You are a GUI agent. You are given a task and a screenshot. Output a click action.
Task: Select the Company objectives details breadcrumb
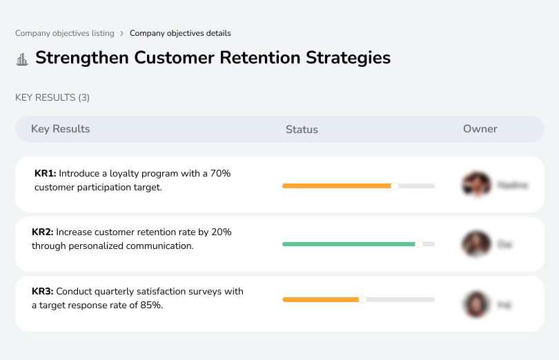[x=180, y=33]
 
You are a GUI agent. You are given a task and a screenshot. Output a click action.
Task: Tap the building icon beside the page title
[x=22, y=59]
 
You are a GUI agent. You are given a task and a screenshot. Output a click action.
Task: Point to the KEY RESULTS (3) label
[x=52, y=98]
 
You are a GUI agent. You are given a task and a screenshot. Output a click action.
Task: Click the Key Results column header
[x=60, y=129]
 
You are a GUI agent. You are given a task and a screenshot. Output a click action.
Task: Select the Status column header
[x=302, y=130]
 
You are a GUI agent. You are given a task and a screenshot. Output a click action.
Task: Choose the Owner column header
[x=480, y=129]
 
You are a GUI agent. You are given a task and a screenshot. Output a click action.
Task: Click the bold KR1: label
[x=45, y=174]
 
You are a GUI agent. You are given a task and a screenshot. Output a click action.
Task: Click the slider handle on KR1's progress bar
[x=395, y=186]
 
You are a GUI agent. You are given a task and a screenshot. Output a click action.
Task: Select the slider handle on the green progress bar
[x=418, y=244]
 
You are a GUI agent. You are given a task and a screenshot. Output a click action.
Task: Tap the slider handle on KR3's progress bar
[x=362, y=299]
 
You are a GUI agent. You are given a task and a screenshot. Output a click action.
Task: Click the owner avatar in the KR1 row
[x=476, y=185]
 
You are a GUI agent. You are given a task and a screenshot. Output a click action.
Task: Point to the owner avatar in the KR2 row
[x=476, y=244]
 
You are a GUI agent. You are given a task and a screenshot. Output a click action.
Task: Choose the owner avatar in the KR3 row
[x=476, y=304]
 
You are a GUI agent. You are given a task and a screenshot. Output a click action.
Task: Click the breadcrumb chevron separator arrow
[x=121, y=33]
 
